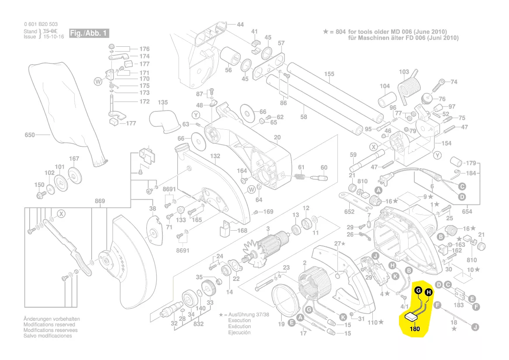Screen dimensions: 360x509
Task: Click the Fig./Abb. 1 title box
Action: [89, 34]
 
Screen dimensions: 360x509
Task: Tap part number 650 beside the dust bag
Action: [29, 135]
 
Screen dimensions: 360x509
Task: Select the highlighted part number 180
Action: [415, 329]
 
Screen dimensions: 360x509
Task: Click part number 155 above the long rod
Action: [329, 75]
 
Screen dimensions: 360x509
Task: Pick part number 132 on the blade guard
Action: [215, 156]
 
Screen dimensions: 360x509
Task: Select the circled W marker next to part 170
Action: [98, 81]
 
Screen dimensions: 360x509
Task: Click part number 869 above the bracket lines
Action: [100, 201]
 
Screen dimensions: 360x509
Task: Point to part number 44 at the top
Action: [240, 24]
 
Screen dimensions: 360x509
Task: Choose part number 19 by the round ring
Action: [282, 324]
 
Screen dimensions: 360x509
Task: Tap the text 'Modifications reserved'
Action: [49, 325]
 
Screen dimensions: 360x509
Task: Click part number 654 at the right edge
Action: [467, 211]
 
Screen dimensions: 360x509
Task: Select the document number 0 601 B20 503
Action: [41, 24]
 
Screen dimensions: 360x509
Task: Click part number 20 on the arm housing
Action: [277, 138]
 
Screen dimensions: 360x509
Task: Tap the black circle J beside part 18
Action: [475, 326]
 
